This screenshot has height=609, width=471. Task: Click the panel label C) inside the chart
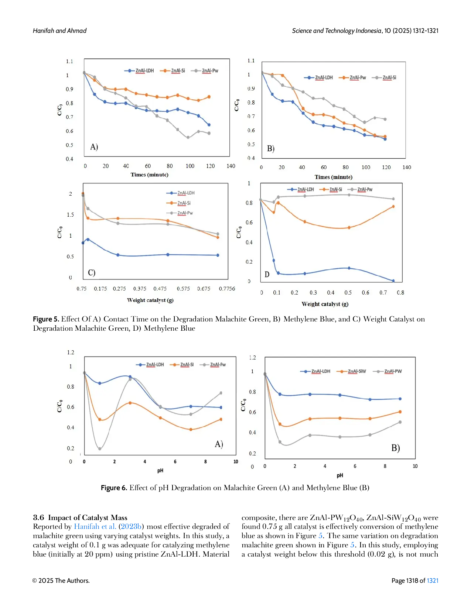tap(92, 273)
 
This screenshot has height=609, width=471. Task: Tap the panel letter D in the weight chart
tap(267, 274)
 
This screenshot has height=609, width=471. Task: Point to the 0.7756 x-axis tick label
tap(227, 289)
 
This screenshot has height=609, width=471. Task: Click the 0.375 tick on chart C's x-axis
tap(140, 289)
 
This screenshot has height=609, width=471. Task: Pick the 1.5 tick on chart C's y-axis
tap(70, 215)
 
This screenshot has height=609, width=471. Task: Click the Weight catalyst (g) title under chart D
tap(325, 304)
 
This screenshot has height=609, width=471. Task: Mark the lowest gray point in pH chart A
tap(100, 449)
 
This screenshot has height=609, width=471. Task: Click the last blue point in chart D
tap(393, 281)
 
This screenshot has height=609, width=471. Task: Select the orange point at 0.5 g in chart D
tap(349, 228)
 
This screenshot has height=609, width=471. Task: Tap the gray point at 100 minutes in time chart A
tap(188, 137)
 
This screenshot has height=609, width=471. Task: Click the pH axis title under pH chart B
tap(340, 475)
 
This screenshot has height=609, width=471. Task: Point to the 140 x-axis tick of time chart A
tap(231, 166)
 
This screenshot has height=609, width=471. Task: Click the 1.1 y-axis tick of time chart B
tap(251, 61)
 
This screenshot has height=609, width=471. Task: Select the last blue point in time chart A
tap(209, 125)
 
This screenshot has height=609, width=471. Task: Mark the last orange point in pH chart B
tap(400, 412)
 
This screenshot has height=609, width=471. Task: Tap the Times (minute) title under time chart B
tap(333, 177)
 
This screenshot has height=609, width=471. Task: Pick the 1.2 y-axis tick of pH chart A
tap(71, 352)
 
